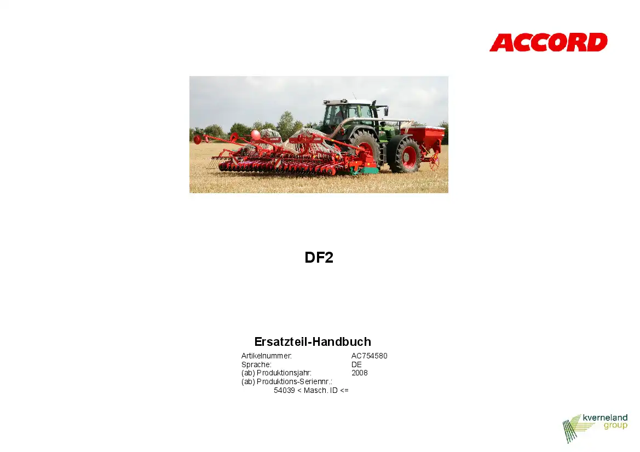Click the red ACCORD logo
[x=548, y=43]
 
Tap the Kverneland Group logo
[x=595, y=428]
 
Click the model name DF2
[x=319, y=257]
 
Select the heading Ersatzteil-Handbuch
[x=313, y=341]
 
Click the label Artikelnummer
[x=267, y=356]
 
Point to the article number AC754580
[x=370, y=356]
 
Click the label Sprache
[x=256, y=364]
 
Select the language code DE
[x=356, y=364]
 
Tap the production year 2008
[x=360, y=373]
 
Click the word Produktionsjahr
[x=284, y=373]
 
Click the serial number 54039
[x=284, y=390]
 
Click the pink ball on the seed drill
[x=256, y=135]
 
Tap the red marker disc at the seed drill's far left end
[x=198, y=140]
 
